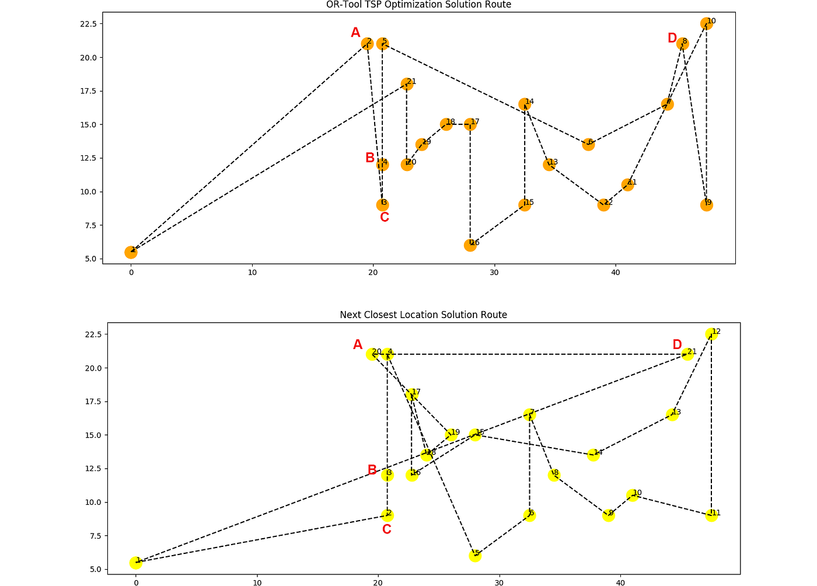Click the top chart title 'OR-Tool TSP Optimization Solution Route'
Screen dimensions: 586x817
[418, 5]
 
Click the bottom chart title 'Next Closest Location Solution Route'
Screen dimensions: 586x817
[423, 315]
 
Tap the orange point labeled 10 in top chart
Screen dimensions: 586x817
[706, 24]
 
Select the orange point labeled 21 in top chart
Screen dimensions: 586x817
[407, 84]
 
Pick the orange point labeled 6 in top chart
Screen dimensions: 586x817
[588, 144]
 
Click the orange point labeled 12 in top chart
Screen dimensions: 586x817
[603, 205]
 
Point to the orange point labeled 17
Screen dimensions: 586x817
[470, 124]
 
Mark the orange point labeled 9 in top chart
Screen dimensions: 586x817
[706, 205]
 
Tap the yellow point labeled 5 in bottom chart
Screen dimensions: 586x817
[475, 556]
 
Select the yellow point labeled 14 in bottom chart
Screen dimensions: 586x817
[593, 455]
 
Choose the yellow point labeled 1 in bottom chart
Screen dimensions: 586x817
[136, 563]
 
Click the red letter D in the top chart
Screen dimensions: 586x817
[672, 39]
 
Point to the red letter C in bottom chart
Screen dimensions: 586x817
[386, 529]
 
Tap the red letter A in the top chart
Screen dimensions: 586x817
[355, 33]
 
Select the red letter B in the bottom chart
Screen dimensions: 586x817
[372, 470]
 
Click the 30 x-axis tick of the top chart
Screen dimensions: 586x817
[494, 272]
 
